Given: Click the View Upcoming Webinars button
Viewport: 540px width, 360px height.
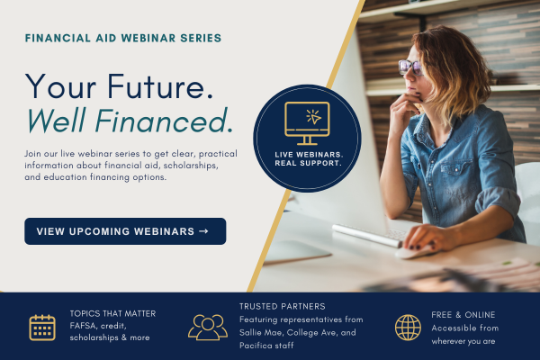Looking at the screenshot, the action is tap(125, 231).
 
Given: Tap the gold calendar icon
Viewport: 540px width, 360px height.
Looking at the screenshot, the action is tap(42, 328).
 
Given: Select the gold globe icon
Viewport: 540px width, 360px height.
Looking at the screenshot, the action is tap(408, 328).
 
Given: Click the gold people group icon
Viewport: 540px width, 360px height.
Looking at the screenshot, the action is tap(208, 328).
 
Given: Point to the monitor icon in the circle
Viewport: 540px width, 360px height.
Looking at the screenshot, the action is tap(307, 123).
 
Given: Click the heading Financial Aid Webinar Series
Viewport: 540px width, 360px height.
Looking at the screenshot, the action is tap(123, 38).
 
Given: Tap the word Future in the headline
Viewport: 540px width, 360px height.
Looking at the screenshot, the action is tap(160, 86).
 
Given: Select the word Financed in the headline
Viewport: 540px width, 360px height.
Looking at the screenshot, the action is tap(165, 121).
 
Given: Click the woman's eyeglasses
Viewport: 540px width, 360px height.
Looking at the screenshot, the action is tap(410, 67).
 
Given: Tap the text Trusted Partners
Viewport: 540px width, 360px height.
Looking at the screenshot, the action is tap(283, 306).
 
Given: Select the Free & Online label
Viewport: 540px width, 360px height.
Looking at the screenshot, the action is tap(463, 314).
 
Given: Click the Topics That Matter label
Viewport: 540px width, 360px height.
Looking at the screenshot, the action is tap(112, 313).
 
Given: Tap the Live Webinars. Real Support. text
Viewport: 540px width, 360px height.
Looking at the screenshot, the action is tap(309, 158).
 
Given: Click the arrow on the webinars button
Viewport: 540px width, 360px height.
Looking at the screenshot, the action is tap(204, 231).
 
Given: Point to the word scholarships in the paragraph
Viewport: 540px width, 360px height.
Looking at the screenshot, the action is tap(191, 166).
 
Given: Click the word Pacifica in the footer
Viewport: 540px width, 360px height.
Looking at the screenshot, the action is tap(256, 346).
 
